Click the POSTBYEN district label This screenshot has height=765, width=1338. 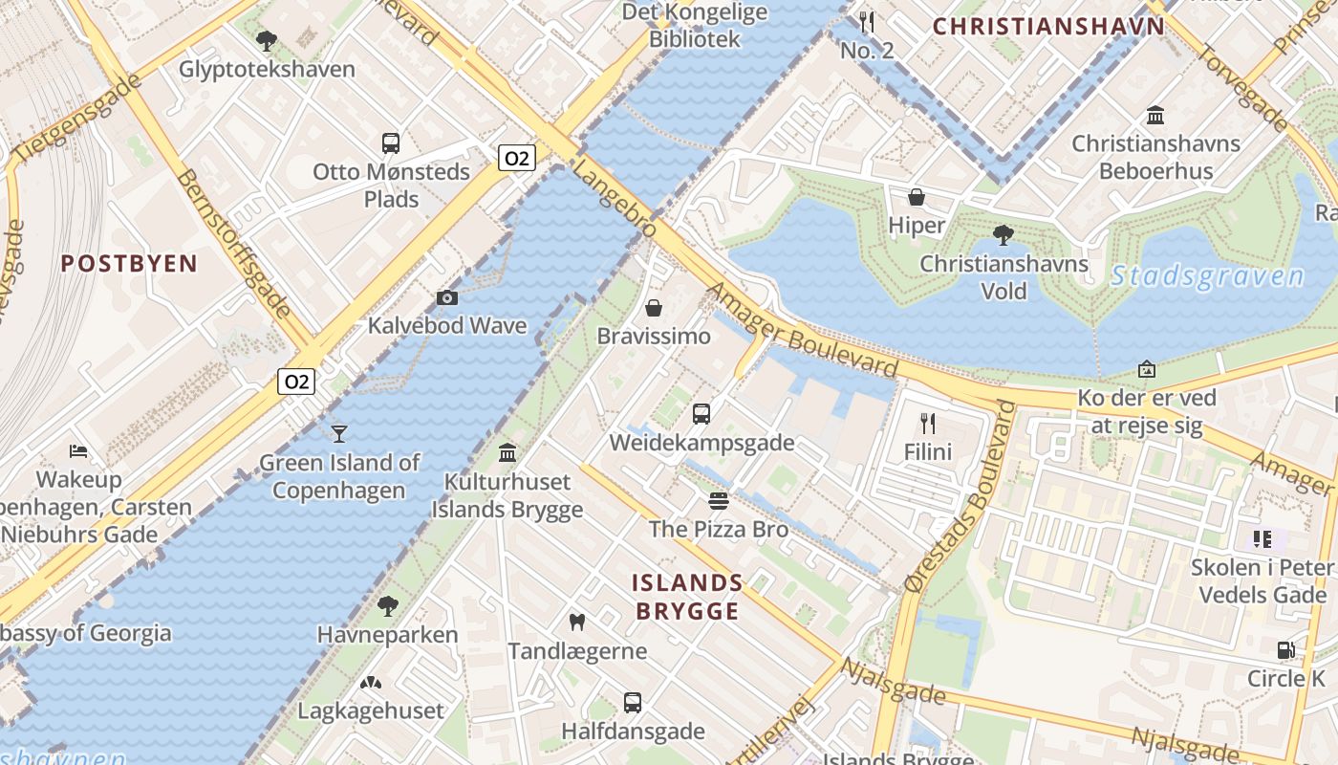coord(129,264)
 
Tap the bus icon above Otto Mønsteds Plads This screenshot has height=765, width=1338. coord(390,143)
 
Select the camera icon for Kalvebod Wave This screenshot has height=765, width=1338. coord(446,297)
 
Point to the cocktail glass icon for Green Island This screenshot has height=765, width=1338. coord(338,434)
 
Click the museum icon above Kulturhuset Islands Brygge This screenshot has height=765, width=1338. coord(507,452)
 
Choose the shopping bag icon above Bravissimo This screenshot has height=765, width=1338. coord(654,308)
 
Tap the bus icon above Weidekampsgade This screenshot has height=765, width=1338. coord(701,414)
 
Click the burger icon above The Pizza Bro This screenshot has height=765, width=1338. coord(719,501)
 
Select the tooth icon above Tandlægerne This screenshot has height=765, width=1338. coord(576,623)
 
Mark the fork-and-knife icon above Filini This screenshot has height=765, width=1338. coord(927,423)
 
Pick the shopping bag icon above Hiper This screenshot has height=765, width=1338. coord(917,197)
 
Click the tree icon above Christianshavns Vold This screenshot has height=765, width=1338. coord(1003,234)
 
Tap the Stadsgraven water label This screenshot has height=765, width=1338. coord(1207,277)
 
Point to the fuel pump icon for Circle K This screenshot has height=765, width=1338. coord(1285,650)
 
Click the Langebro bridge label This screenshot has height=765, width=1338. coord(614,200)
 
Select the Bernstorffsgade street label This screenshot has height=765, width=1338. coord(234,244)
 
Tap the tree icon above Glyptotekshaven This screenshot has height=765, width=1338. coord(267,41)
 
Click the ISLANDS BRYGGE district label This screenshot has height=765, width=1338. coord(687,597)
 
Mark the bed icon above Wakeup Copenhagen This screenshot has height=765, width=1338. coord(79,450)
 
